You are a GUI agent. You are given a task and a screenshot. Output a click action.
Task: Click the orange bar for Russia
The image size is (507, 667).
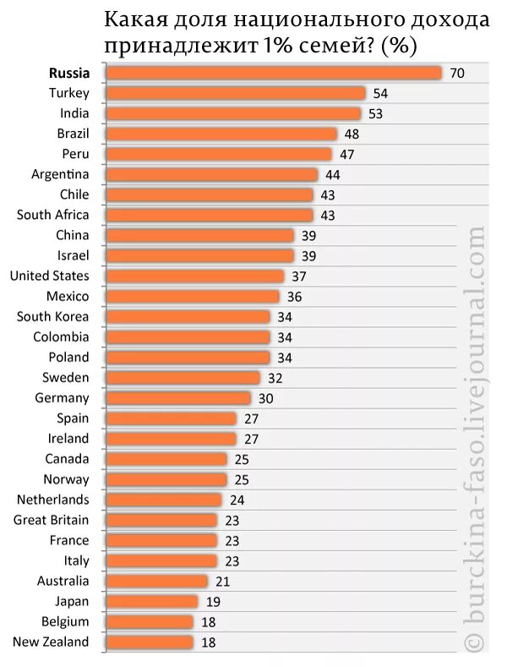[x=273, y=73]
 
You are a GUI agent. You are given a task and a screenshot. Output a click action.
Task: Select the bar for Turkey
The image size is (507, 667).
[x=235, y=93]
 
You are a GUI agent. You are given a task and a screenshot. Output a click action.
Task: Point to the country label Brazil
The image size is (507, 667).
[x=73, y=134]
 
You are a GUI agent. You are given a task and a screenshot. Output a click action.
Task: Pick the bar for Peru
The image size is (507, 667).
[x=218, y=154]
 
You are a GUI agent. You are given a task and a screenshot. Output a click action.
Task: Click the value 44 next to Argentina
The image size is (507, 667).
[x=333, y=174]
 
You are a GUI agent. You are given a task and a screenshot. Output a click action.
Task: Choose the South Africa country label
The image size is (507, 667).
[x=52, y=215]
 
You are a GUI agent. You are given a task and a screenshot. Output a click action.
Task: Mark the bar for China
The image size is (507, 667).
[x=199, y=235]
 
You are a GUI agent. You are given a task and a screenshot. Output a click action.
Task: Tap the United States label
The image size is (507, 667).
[x=49, y=276]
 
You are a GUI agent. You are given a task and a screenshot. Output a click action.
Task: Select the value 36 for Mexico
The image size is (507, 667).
[x=294, y=297]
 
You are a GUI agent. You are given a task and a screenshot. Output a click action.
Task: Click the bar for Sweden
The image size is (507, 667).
[x=183, y=378]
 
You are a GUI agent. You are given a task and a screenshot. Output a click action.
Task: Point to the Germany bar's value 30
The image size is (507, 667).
[x=265, y=398]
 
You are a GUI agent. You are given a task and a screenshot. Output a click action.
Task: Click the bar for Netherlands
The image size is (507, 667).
[x=163, y=500]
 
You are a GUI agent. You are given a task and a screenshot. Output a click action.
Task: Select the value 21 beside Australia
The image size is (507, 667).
[x=222, y=582]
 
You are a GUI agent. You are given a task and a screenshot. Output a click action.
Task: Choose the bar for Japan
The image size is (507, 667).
[x=152, y=601]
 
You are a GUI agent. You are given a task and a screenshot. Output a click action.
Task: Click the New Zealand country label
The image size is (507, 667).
[x=51, y=642]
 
